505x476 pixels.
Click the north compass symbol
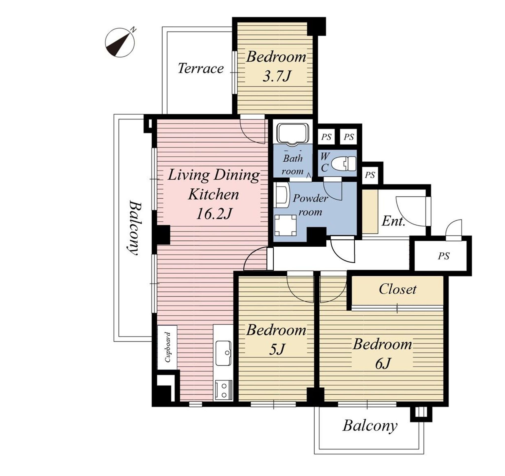pos(120,42)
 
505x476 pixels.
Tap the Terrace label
pos(201,68)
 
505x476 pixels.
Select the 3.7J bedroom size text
pos(276,76)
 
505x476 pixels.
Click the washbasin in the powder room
pos(282,195)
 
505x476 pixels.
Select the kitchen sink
pos(223,353)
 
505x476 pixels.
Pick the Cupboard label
pos(167,347)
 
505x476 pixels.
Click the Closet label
pos(397,289)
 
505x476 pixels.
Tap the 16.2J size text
pos(214,214)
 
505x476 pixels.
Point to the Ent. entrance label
pos(393,221)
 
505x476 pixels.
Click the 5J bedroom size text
pos(276,350)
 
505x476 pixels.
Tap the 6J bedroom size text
pos(382,364)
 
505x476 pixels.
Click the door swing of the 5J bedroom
pos(295,294)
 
